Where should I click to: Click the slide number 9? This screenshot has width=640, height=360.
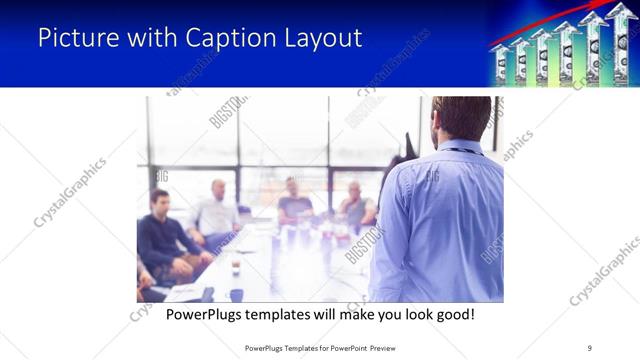589,347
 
